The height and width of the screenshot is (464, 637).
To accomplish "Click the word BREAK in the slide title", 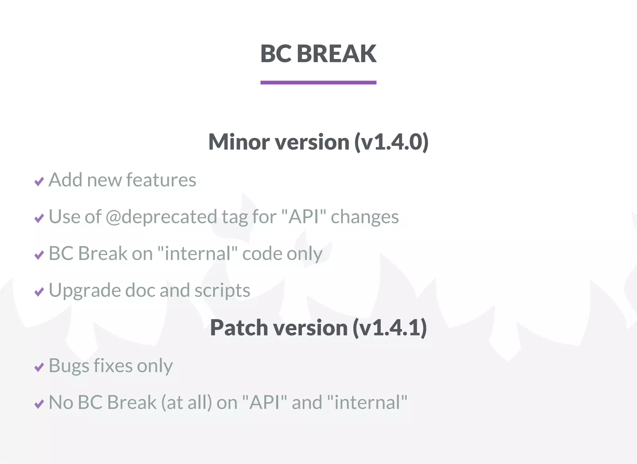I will coord(337,53).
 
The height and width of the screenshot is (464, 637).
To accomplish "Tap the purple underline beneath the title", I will coord(318,82).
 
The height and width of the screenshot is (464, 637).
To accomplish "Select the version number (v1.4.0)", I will coord(391,142).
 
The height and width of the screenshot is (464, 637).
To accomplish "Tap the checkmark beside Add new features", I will coord(39,181).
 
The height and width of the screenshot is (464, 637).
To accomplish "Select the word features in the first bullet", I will coord(161,180).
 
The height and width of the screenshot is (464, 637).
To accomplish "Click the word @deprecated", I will coord(161,217).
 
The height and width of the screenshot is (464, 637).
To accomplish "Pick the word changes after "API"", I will coord(365,217).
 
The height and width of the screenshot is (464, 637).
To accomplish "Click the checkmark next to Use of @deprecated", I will coord(39,218).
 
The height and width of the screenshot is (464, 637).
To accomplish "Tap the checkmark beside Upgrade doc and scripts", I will coord(39,292).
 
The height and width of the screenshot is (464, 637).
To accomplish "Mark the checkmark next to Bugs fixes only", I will coord(39,367).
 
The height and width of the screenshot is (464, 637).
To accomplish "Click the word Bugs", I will coord(69,366).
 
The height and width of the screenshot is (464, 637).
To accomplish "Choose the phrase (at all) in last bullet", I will coord(186,402).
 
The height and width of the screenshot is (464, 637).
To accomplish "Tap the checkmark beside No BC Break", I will coord(39,404).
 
